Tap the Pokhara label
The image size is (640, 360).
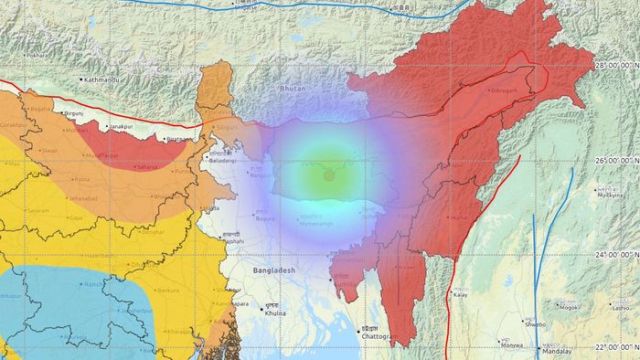click(37, 55)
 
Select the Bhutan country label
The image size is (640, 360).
click(292, 89)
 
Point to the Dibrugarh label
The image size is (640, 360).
click(510, 91)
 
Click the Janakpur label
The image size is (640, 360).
click(123, 128)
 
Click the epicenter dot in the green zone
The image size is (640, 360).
click(328, 174)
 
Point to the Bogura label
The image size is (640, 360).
click(267, 218)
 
